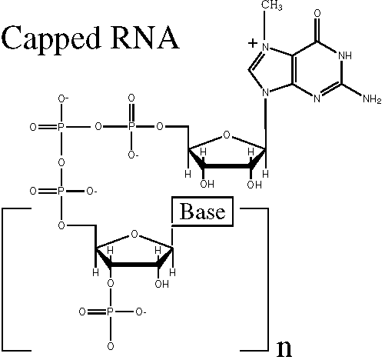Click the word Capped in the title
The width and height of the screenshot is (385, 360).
coord(51,39)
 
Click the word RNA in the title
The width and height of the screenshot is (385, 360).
coord(144,38)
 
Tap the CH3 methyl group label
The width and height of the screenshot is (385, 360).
coord(271,5)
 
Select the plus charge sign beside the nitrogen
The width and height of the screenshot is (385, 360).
coord(253,43)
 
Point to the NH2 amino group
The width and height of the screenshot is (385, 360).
coord(372,98)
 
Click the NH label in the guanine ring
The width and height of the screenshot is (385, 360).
coord(345,55)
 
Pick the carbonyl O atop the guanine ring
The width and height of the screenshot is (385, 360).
coord(317,13)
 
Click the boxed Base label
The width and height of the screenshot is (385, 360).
coord(202,212)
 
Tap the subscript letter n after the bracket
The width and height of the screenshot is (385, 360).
coord(284,349)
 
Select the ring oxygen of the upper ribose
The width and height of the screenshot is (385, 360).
coord(227,135)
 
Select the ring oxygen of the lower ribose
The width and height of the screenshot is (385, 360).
coord(134,234)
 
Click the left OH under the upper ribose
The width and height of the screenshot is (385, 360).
coord(207,184)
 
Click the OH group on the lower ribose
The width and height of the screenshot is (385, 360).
coord(162,284)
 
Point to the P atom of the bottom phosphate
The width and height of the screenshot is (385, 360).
coord(110,312)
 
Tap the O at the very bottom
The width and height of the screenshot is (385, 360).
coord(111,346)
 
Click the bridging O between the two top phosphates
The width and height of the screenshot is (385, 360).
coord(98,126)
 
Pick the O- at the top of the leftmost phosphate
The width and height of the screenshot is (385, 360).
coord(63,98)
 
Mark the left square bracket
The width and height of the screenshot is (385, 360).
coord(4,279)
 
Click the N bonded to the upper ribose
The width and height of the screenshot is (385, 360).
coord(266,93)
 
